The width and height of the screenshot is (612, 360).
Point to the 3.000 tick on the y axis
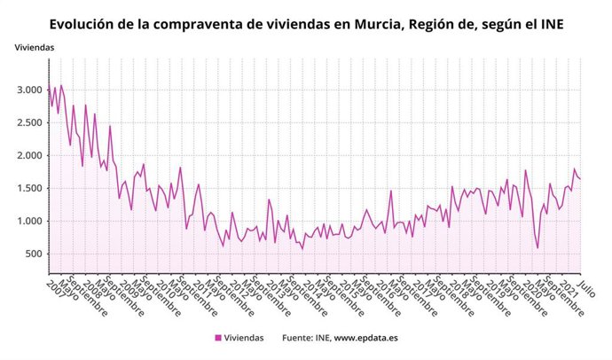point(29,90)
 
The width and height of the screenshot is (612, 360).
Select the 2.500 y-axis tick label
point(29,123)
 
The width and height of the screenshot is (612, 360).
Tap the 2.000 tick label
point(29,156)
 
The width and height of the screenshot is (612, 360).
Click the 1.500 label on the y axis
point(29,189)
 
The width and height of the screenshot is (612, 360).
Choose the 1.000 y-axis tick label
point(29,222)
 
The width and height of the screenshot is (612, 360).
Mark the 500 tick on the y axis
point(34,254)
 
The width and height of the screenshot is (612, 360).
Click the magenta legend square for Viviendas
point(218,338)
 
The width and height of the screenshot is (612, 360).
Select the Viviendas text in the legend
point(244,338)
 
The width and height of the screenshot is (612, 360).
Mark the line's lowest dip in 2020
point(537,247)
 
